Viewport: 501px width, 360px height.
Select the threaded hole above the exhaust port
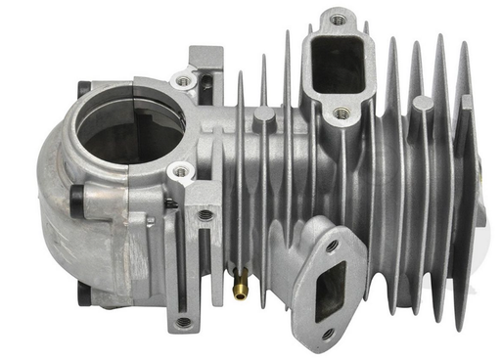pyautogui.click(x=338, y=18)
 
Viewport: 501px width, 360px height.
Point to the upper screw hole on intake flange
pyautogui.click(x=333, y=244)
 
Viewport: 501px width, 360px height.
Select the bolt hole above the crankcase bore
pyautogui.click(x=183, y=78)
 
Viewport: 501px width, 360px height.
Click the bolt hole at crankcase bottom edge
pyautogui.click(x=183, y=321)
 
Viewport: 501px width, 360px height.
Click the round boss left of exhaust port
pyautogui.click(x=264, y=117)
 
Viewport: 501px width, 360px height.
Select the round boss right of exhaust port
pyautogui.click(x=423, y=103)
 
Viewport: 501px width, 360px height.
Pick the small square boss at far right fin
pyautogui.click(x=468, y=102)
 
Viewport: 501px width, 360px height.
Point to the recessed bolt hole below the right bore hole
pyautogui.click(x=205, y=214)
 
